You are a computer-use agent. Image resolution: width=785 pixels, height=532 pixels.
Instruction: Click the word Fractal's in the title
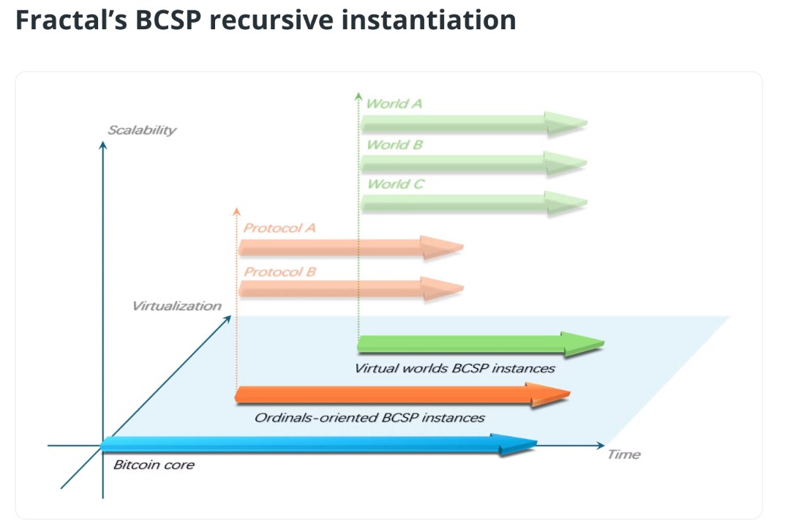(x=71, y=20)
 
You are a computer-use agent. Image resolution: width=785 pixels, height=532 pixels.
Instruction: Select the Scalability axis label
(x=142, y=130)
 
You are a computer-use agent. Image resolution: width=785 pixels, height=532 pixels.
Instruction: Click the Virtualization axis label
(x=177, y=306)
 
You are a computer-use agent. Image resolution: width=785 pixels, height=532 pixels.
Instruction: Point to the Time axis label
(x=624, y=454)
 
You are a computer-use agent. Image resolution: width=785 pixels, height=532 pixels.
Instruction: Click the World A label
(x=394, y=104)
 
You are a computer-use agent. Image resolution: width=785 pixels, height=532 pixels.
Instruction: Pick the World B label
(x=394, y=145)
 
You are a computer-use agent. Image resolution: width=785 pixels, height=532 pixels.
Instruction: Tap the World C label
(x=396, y=184)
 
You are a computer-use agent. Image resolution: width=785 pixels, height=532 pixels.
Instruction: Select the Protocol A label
(x=279, y=228)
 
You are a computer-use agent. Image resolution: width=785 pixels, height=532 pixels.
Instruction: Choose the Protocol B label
(x=280, y=272)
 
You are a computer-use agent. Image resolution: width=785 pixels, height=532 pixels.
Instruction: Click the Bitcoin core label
(x=154, y=465)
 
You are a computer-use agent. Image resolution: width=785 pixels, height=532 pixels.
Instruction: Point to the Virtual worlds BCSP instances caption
(x=454, y=369)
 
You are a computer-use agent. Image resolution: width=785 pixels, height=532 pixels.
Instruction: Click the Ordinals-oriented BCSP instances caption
(x=369, y=418)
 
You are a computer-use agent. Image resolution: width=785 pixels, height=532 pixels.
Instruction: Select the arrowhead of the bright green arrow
(x=583, y=344)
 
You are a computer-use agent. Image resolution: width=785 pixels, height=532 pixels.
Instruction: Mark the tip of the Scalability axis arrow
(x=103, y=142)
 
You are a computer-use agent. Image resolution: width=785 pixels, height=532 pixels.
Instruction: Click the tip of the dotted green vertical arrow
(x=358, y=93)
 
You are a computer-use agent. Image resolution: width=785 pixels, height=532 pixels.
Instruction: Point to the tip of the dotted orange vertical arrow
(x=237, y=208)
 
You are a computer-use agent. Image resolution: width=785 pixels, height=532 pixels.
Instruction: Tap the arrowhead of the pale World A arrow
(x=566, y=123)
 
